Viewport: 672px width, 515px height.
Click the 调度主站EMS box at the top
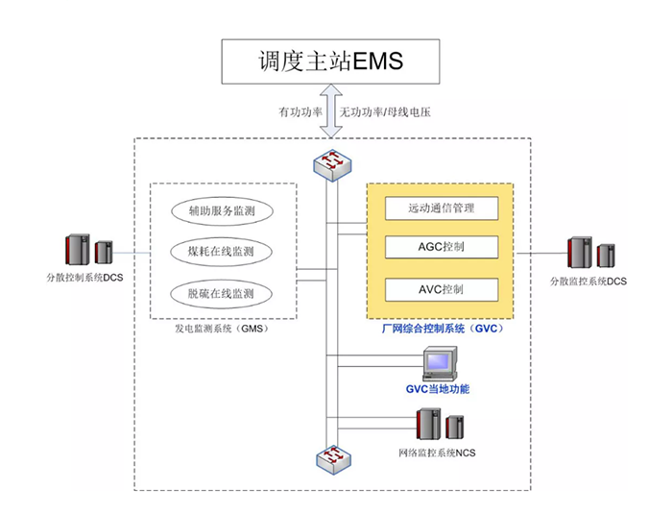coord(332,61)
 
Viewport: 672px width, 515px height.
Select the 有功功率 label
coord(300,112)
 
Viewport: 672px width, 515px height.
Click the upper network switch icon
coord(332,164)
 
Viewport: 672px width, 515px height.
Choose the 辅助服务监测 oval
coord(220,210)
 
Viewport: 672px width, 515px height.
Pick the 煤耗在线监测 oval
coord(220,253)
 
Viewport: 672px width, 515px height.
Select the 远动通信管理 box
coord(442,207)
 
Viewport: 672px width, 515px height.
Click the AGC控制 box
coord(442,246)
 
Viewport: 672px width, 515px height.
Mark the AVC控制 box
coord(442,289)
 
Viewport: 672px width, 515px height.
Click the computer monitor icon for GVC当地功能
coord(439,364)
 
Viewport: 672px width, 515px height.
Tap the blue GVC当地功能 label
coord(438,389)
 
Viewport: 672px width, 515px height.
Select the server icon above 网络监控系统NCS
coord(439,425)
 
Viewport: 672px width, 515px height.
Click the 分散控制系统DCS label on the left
coord(85,279)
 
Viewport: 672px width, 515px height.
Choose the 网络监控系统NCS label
coord(437,451)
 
